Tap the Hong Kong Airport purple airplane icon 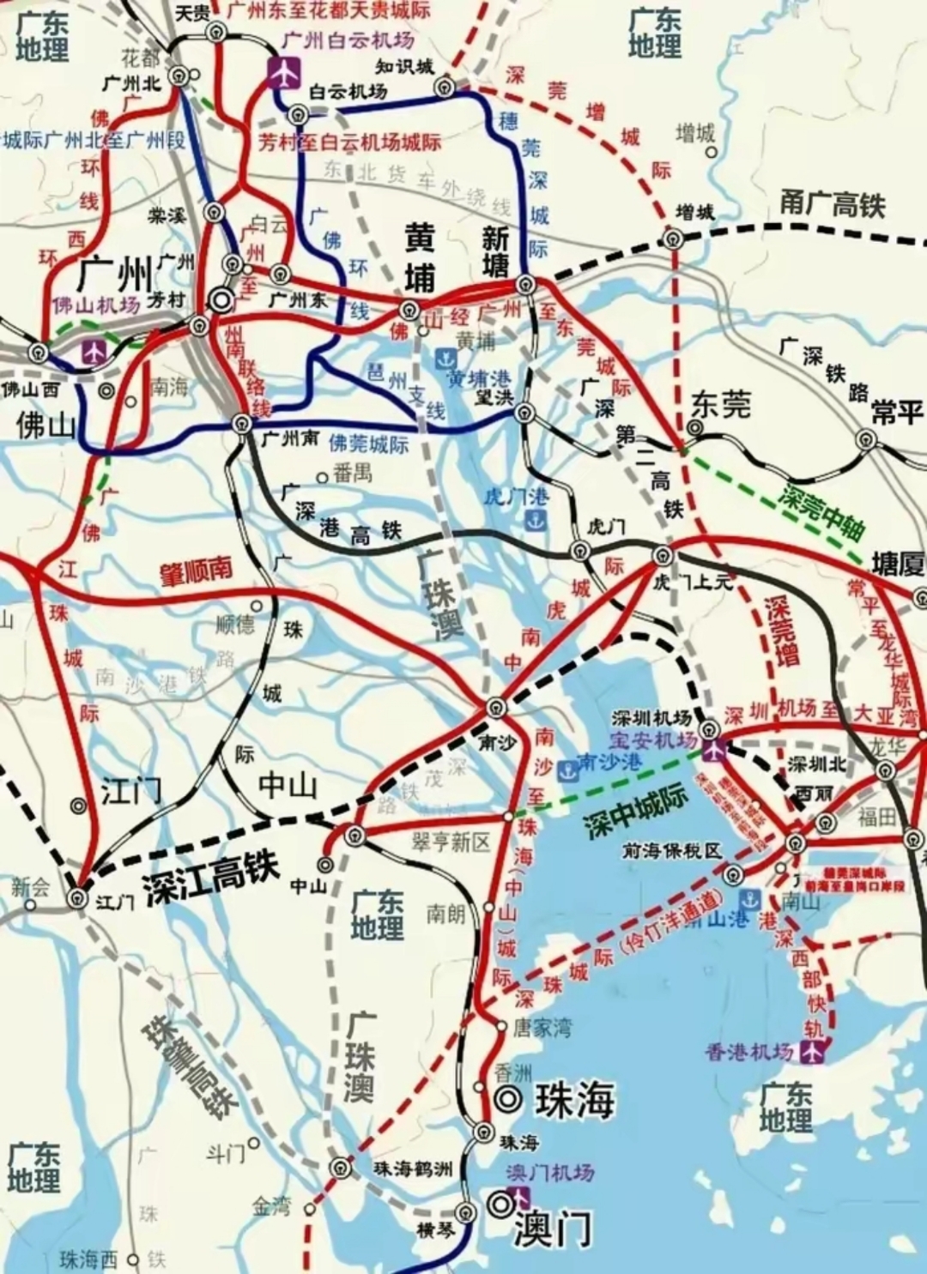(x=813, y=1050)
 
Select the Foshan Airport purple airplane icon (x=93, y=350)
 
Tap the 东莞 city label (x=721, y=404)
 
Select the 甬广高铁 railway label (x=832, y=205)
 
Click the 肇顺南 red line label (x=197, y=571)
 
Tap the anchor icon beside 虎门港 (x=535, y=520)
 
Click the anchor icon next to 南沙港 (x=566, y=770)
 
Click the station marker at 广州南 (x=242, y=423)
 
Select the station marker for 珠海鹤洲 (x=342, y=1168)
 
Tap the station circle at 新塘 (x=525, y=284)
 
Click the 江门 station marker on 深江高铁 (x=79, y=897)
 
